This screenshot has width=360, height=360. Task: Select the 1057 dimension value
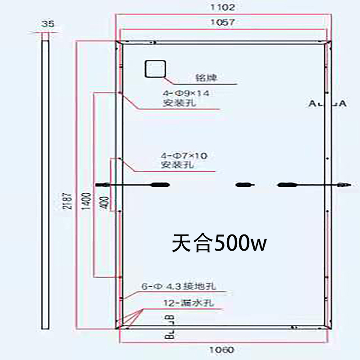pos(222,22)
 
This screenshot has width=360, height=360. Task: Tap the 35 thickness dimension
pos(45,24)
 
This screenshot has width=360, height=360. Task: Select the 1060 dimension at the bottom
pos(223,349)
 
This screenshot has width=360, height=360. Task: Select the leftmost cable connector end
pos(103,184)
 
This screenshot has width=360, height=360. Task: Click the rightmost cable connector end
pos(343,184)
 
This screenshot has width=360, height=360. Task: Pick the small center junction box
pos(244,184)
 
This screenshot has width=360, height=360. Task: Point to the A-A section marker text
pos(328,104)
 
